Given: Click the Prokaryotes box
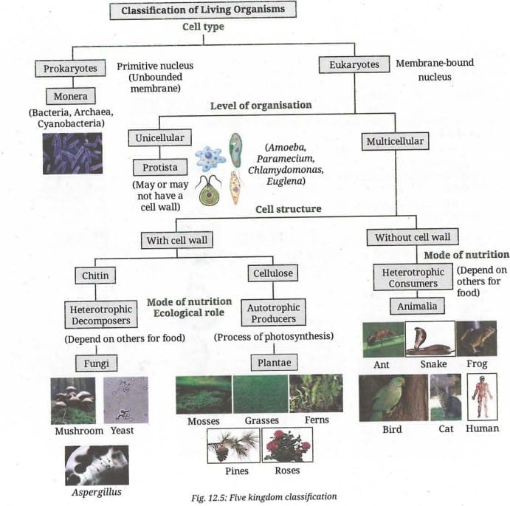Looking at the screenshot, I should (x=70, y=69).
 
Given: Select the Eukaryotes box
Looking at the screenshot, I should (x=354, y=65).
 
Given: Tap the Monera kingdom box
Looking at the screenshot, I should (x=70, y=97).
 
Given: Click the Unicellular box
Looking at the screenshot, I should (x=160, y=138).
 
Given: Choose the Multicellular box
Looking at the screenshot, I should (x=395, y=142).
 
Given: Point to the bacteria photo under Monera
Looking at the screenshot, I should (x=72, y=154).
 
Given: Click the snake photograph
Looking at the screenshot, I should (x=430, y=339).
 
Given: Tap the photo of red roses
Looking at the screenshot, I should (x=287, y=445).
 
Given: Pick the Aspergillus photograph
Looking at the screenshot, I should (x=97, y=465).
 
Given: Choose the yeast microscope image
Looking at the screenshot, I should (x=125, y=400).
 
